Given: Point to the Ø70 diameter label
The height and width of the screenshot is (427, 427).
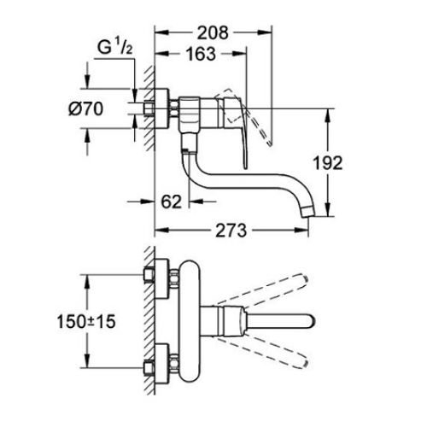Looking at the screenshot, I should tap(86, 108).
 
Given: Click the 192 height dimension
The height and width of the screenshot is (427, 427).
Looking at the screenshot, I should tap(351, 162).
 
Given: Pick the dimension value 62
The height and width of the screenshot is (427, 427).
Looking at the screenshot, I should tap(171, 202).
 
